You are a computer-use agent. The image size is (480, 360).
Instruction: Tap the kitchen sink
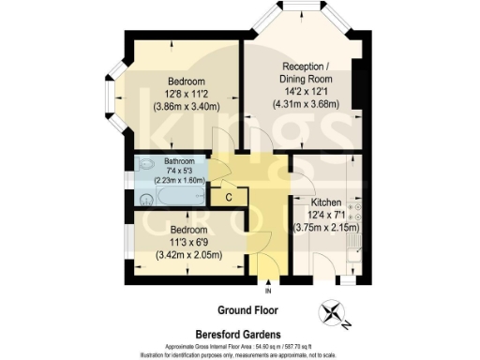354,251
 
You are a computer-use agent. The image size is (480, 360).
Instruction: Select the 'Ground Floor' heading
247,309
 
